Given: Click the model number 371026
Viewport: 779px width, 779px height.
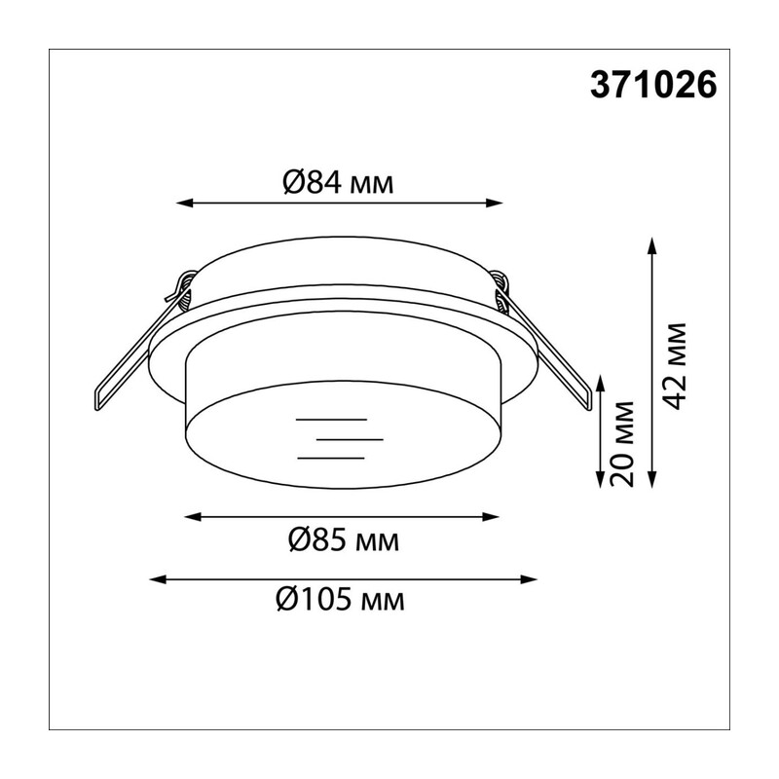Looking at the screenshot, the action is point(653,85).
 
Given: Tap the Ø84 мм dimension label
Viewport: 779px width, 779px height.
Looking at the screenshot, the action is point(338,182).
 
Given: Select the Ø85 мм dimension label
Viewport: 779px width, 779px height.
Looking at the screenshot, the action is point(344,540).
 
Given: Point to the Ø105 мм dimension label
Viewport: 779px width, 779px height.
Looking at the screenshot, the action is point(340,600).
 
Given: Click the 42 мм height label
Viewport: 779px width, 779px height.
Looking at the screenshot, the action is point(674,367).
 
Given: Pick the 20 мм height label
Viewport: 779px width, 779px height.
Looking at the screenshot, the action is point(622,444).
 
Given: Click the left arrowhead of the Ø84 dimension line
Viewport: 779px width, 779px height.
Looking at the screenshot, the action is point(184,203).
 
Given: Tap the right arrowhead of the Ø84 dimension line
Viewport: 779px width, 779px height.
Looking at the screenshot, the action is point(495,203).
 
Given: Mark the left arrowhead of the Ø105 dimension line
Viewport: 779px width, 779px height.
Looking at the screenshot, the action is point(158,579).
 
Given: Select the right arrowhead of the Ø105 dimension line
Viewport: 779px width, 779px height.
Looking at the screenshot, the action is point(529,579).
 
